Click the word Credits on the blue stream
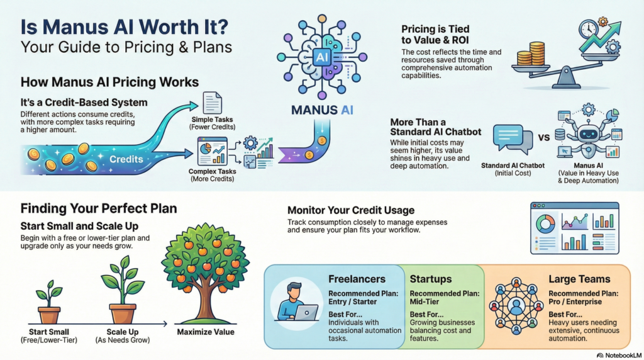click(x=126, y=160)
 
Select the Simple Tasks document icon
click(x=212, y=103)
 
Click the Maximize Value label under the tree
click(x=205, y=332)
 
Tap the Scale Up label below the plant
click(x=122, y=332)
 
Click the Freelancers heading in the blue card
click(x=356, y=279)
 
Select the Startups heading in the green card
click(x=431, y=279)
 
